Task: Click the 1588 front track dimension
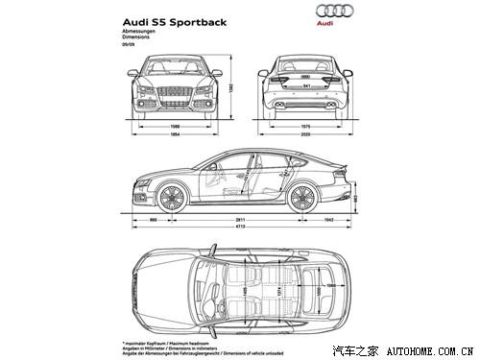[175, 125]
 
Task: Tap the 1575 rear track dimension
[304, 125]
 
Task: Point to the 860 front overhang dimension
[153, 220]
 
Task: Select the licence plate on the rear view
[304, 86]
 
